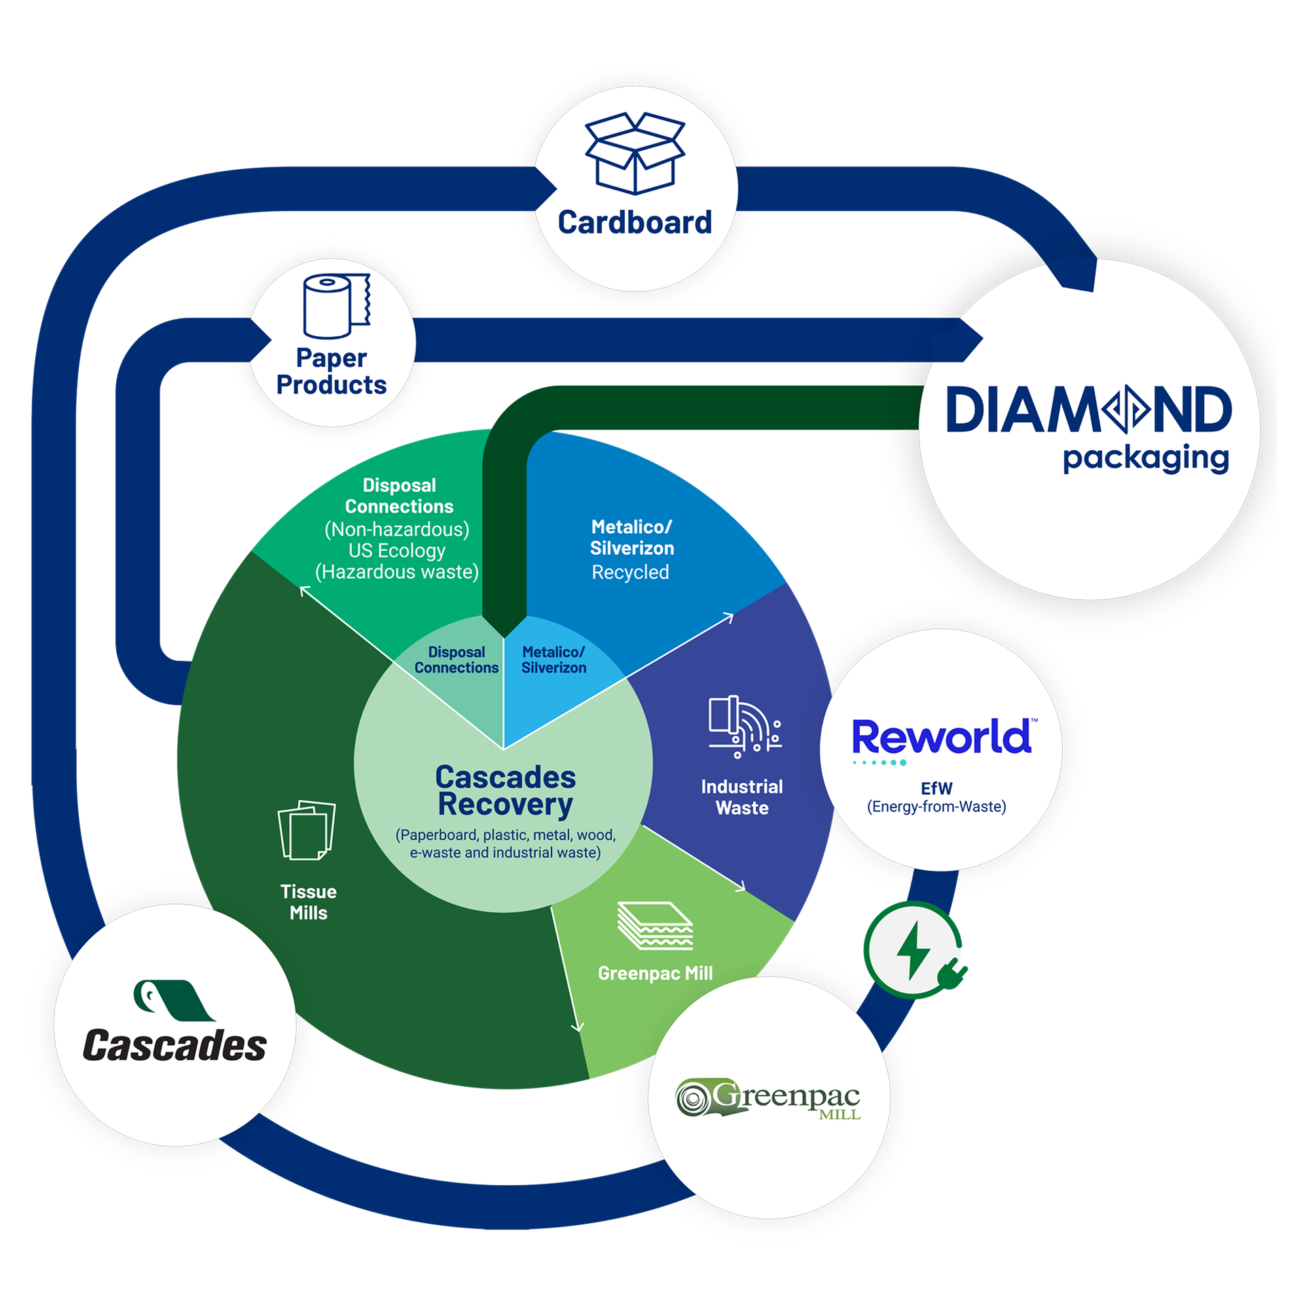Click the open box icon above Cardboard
635,153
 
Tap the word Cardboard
635,223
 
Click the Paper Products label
331,372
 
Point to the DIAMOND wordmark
1089,410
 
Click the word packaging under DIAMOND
1146,458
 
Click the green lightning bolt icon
913,950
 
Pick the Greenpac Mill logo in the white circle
768,1099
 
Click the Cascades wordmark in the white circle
175,1045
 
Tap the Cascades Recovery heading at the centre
505,791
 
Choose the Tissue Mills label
308,902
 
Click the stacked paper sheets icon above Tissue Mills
307,830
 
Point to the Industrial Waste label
742,797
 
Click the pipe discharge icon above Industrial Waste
744,726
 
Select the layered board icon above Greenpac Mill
655,925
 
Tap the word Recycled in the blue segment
630,573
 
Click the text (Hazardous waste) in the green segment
397,572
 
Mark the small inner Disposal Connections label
456,660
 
